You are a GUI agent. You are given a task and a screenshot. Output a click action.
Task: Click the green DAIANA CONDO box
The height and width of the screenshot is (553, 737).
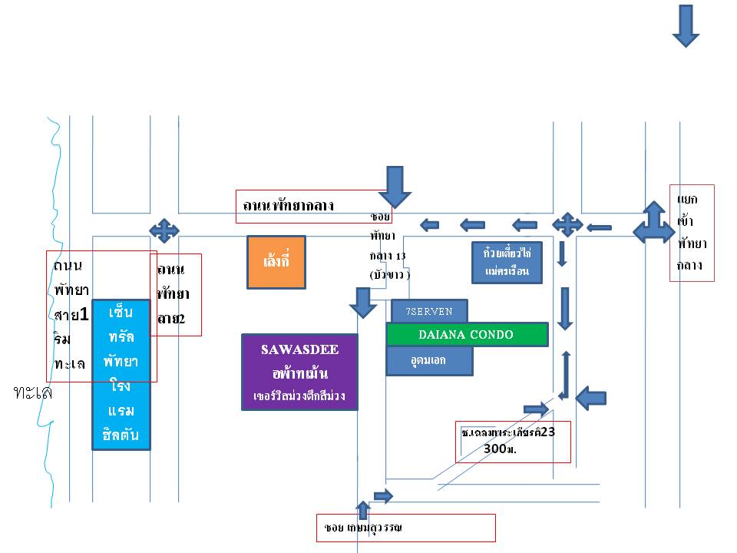point(466,335)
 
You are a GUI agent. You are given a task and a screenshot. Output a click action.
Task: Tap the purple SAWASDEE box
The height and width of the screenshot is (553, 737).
point(299,372)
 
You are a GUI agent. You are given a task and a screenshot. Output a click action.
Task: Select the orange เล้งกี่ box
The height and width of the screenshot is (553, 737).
point(276,262)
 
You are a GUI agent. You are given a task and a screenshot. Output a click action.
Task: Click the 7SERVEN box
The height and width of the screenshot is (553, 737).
point(428,311)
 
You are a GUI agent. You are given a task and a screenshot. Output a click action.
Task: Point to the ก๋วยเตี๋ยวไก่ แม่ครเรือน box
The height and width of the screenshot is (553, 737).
point(507,262)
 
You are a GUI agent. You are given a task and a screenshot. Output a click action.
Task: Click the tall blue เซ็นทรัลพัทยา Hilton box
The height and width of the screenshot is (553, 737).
point(121,374)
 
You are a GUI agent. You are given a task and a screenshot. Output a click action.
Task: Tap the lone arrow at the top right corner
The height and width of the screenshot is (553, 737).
point(686,25)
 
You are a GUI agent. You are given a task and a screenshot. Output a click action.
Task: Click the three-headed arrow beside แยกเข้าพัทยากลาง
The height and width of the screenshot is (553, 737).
point(653,223)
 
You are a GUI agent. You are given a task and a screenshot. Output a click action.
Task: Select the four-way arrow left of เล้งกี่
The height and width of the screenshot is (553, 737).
point(164,230)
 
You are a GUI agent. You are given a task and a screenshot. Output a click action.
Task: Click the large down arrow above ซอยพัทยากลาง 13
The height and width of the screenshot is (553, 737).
point(396,185)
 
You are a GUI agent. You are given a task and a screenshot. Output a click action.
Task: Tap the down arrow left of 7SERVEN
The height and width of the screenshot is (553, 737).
point(363,302)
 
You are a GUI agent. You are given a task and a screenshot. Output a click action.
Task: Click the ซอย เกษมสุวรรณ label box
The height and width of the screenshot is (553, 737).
point(406,528)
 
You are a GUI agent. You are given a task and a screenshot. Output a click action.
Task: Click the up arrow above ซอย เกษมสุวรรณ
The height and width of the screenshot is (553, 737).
point(363,509)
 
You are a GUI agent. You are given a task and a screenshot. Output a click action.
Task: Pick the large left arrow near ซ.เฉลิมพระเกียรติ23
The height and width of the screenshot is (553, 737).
point(591,397)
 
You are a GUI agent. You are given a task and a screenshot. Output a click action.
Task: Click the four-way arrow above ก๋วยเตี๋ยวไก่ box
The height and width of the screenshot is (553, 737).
point(567,224)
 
